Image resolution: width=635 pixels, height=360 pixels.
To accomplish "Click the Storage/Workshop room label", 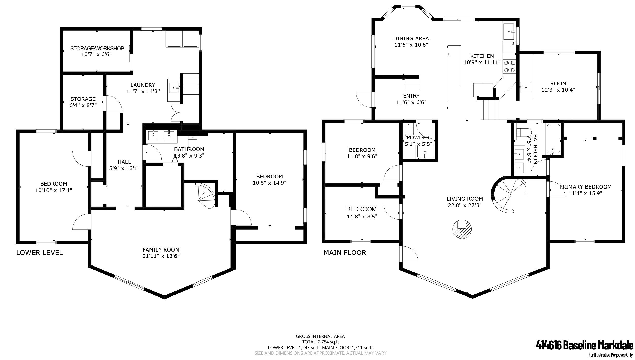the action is coord(97,48).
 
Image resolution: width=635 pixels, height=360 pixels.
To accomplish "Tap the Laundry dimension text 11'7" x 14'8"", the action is coord(143,91).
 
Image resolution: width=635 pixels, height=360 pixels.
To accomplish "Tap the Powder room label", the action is coord(418,138).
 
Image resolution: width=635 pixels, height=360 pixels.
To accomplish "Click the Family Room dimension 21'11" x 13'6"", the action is coord(161,256).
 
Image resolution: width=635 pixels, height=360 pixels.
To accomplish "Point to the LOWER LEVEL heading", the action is coord(40,253).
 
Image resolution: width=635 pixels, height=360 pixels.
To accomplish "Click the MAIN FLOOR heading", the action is coord(345,253).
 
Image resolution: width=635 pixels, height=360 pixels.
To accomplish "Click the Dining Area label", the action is coord(411,39).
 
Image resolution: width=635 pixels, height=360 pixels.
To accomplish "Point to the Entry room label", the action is coord(411,96).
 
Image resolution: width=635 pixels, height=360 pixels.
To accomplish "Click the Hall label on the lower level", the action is coord(124,162).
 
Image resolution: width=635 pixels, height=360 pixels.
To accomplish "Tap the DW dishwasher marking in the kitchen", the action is coord(512,51).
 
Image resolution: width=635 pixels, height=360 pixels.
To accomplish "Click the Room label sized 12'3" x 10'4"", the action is coord(558,84).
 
